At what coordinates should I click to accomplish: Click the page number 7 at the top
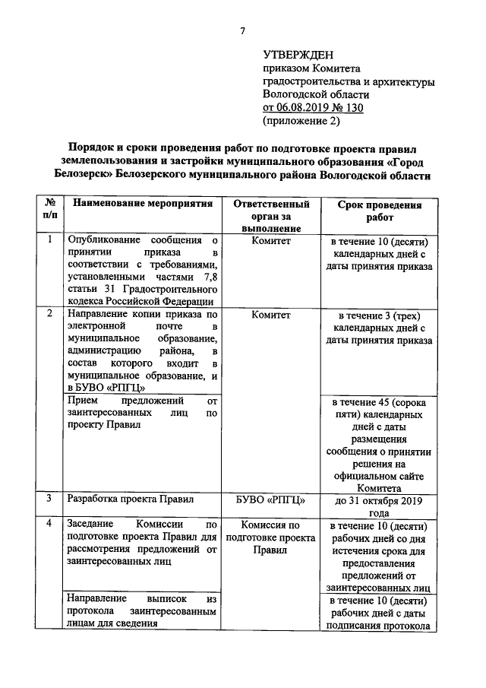242,30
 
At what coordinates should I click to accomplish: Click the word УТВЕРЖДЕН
298,55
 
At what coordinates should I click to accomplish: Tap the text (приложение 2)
301,120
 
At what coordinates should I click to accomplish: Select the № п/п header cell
49,211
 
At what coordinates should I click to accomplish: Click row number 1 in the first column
49,240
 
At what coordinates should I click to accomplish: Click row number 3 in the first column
49,499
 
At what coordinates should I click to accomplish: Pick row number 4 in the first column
49,524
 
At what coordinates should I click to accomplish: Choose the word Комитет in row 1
271,240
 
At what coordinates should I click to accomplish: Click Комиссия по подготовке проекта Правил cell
271,537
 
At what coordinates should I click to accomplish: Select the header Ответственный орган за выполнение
271,216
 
